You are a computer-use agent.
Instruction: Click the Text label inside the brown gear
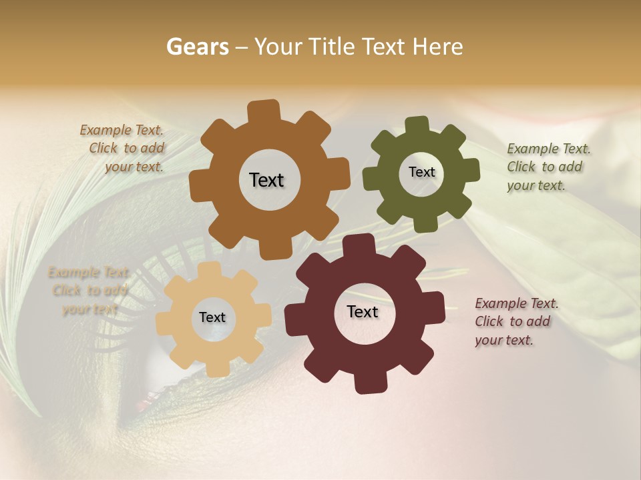tap(266, 180)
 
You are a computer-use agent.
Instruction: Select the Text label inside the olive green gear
tap(421, 172)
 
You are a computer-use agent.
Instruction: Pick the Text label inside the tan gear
tap(212, 317)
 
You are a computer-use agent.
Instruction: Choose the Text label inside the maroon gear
tap(363, 311)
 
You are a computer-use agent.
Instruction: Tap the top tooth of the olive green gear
tap(417, 125)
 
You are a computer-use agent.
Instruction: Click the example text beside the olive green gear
tap(548, 167)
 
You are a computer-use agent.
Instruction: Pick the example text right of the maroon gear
tap(516, 321)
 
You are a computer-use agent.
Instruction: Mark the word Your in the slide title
tap(279, 47)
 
